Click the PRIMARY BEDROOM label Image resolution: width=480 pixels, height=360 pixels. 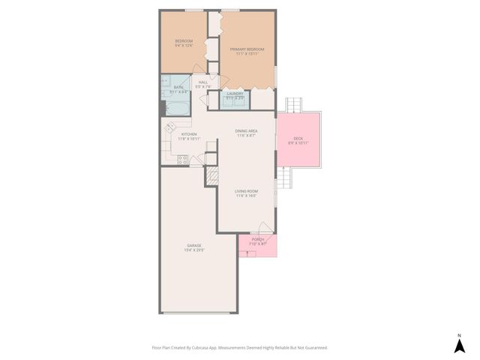pos(247,49)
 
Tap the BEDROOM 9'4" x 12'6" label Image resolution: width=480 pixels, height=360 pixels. pos(184,40)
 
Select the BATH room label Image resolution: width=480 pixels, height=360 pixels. pos(178,88)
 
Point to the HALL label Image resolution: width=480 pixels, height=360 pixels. pos(203,82)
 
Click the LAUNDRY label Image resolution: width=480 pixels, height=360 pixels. pos(235,94)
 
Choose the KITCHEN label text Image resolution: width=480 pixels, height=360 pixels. pos(188,134)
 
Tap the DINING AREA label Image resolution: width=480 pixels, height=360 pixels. pos(247,131)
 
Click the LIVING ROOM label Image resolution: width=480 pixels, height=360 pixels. pos(247,192)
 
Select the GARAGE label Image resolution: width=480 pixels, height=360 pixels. pos(194,246)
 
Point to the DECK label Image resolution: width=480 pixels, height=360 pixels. pos(298,139)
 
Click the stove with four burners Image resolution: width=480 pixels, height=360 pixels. pos(182,159)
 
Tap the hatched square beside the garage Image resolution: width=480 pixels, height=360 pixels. pos(211,176)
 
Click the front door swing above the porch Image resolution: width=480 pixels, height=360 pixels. pos(264,228)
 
